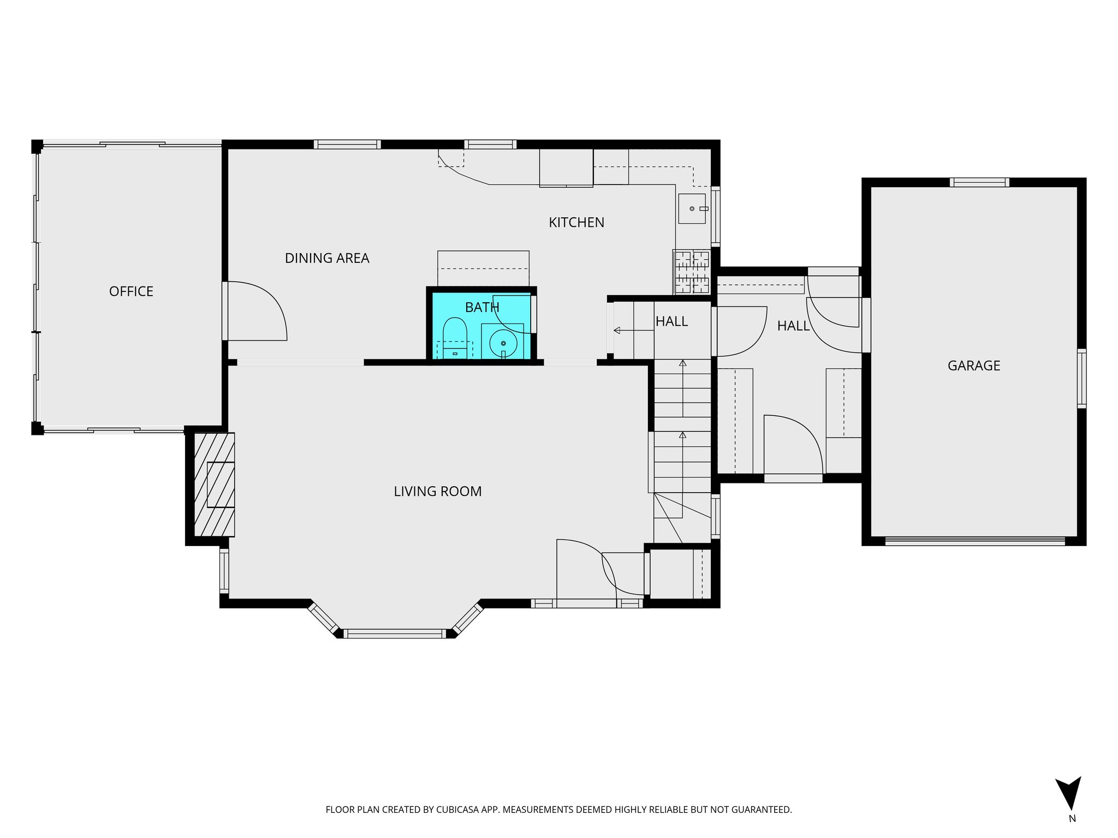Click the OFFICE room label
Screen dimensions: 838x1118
131,291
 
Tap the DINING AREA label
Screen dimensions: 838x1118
327,258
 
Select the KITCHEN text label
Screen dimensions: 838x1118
576,223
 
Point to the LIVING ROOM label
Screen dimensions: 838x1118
437,492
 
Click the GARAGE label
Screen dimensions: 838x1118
973,366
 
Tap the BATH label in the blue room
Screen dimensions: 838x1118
481,308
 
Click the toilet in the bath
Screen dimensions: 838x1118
454,338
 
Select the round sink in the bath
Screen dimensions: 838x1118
503,343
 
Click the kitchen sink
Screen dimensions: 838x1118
692,208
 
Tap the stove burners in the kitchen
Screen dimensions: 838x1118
691,272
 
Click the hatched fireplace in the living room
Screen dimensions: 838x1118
215,484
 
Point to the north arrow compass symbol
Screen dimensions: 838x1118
1068,795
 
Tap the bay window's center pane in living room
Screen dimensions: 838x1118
395,633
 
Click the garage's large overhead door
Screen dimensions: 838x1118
974,541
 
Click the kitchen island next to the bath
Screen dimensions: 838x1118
483,268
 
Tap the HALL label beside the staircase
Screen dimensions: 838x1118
671,321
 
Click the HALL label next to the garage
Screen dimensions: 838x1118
793,326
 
